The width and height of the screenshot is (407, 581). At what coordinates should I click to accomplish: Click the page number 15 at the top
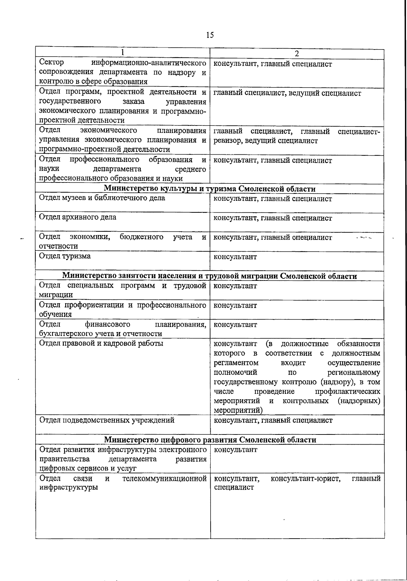click(x=210, y=35)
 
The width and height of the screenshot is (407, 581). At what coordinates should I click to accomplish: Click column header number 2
click(x=297, y=54)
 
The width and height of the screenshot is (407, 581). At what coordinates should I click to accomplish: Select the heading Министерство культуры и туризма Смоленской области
click(x=210, y=189)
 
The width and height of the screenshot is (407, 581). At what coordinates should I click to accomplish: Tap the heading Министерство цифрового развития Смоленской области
click(x=210, y=440)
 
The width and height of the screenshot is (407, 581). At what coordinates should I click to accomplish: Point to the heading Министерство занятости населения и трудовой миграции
click(x=210, y=276)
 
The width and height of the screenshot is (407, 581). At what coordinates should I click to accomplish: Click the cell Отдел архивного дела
click(x=78, y=217)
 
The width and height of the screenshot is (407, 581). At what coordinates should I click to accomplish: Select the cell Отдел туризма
click(x=65, y=256)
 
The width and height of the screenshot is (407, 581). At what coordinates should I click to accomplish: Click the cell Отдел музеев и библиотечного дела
click(x=102, y=198)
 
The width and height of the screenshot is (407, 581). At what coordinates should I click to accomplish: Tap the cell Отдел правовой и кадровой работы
click(x=101, y=344)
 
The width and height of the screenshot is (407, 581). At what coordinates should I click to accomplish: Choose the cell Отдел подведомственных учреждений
click(x=107, y=421)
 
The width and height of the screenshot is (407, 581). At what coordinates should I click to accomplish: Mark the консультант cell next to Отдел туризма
click(x=235, y=257)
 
